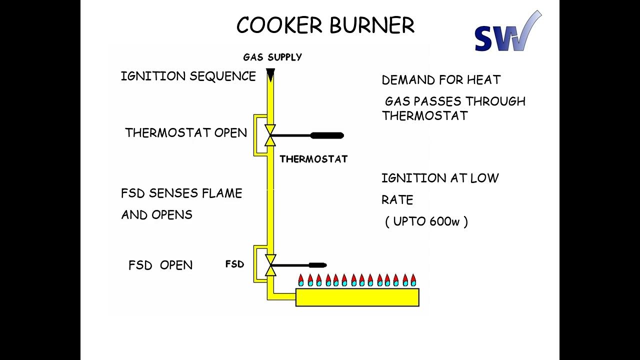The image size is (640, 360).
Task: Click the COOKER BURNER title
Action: pos(325,25)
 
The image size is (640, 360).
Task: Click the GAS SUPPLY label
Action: pos(272,57)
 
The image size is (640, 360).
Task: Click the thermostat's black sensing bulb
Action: pos(327,135)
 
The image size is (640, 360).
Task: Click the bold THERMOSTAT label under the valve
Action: pos(313,159)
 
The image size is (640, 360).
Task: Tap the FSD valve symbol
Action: pos(270,265)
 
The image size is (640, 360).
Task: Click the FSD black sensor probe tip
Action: pos(317,265)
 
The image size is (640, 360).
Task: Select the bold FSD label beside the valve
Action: pos(234,264)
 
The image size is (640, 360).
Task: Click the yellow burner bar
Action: pos(357,297)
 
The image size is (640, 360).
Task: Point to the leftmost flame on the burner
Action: pos(301,280)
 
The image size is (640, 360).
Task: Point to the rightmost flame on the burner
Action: pos(413,280)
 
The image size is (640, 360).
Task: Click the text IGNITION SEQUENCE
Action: pos(188,76)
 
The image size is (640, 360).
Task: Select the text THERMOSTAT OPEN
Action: pos(186,133)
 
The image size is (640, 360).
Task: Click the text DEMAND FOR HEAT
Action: pos(441,80)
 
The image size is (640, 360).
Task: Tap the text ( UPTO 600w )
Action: pos(426,221)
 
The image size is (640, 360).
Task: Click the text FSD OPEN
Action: pos(160,265)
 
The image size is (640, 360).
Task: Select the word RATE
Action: pos(397,200)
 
